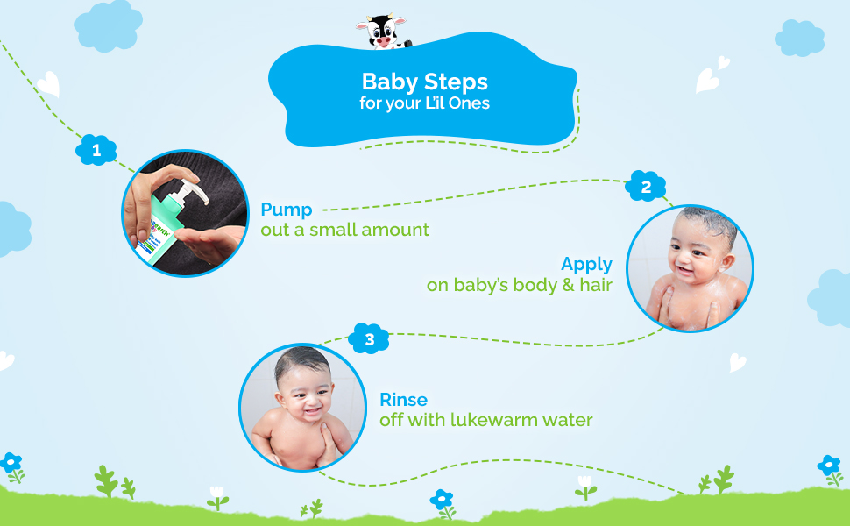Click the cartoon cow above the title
(x=382, y=32)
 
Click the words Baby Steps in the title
(x=424, y=82)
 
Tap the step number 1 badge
(x=96, y=150)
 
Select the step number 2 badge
(x=645, y=187)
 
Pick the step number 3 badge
(x=369, y=339)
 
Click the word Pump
(x=287, y=210)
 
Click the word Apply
(x=586, y=265)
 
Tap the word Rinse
(x=403, y=400)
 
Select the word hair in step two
(x=596, y=285)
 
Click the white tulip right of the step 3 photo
(x=584, y=487)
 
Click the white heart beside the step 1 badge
(x=49, y=84)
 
